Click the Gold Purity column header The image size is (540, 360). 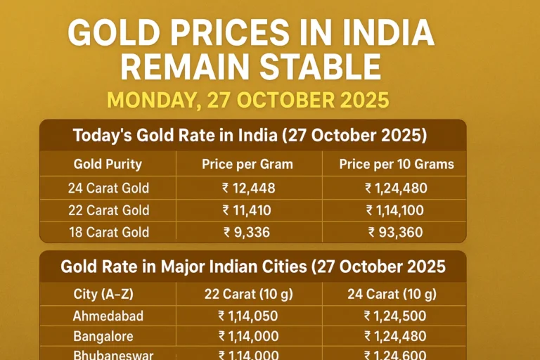[108, 165]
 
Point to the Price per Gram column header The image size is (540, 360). [247, 165]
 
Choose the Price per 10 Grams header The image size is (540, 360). [397, 165]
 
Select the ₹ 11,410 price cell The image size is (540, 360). [247, 210]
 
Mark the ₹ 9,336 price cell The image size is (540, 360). [247, 232]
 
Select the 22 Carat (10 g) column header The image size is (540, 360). [247, 294]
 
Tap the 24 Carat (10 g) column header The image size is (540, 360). [392, 294]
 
